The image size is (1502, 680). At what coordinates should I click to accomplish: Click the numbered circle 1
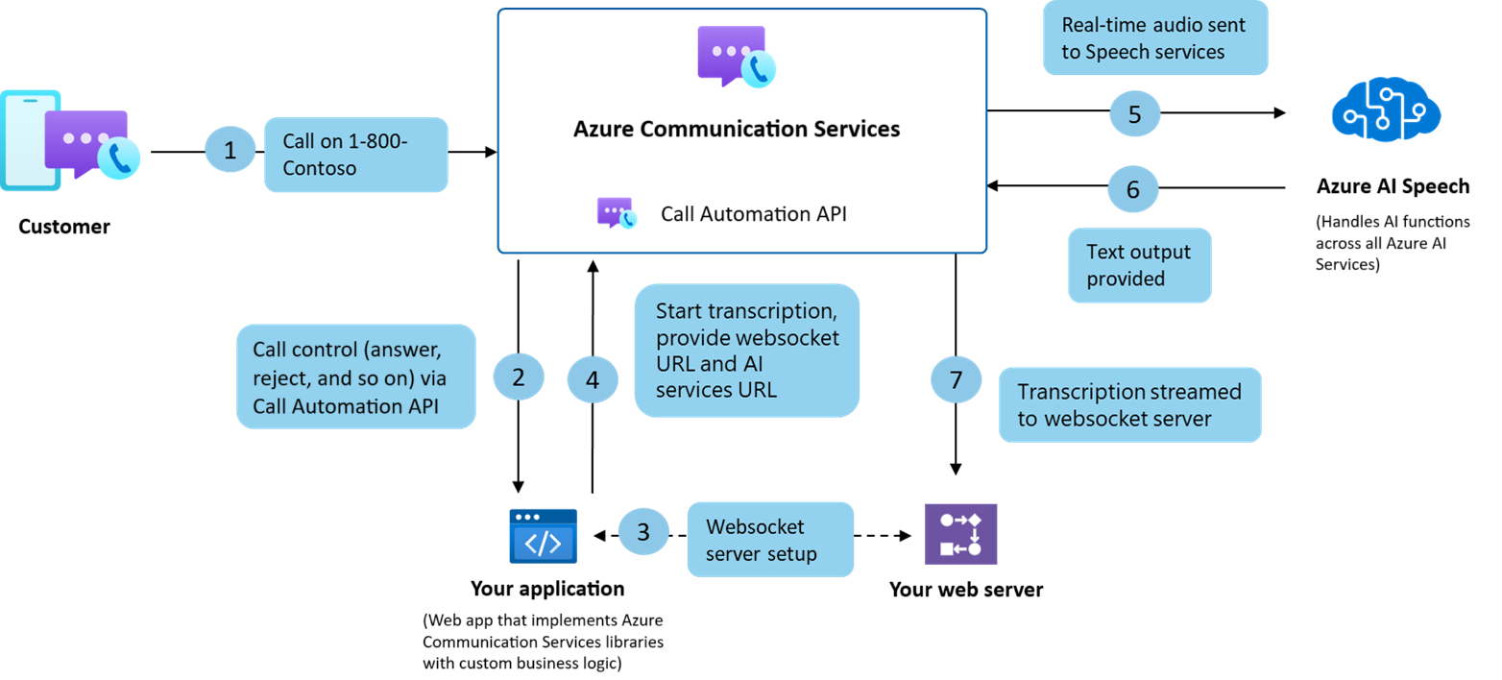point(230,151)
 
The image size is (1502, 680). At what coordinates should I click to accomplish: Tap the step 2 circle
point(519,377)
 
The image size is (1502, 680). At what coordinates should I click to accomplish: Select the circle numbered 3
point(643,531)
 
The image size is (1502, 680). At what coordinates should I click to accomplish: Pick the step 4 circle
point(592,379)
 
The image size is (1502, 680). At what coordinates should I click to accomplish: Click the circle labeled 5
point(1135,114)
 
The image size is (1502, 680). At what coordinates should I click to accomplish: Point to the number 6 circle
point(1133,189)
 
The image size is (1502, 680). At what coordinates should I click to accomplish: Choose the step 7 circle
point(956,379)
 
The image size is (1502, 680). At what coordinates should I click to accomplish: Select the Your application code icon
point(543,535)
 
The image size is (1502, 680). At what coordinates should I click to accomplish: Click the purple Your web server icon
point(960,533)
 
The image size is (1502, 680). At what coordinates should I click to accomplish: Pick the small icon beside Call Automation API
point(616,213)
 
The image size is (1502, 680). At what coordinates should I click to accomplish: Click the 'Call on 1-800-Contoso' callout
point(355,155)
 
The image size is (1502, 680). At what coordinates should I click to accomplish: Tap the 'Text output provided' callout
point(1139,265)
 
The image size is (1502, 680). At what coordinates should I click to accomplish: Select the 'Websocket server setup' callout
point(769,539)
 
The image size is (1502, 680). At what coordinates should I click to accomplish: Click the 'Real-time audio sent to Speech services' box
point(1154,38)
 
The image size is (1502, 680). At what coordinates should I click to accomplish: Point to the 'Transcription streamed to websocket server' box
point(1129,404)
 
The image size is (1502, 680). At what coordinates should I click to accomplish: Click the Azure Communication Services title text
point(737,129)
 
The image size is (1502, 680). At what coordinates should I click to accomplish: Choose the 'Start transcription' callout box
point(746,351)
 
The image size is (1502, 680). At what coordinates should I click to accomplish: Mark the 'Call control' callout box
point(356,376)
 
